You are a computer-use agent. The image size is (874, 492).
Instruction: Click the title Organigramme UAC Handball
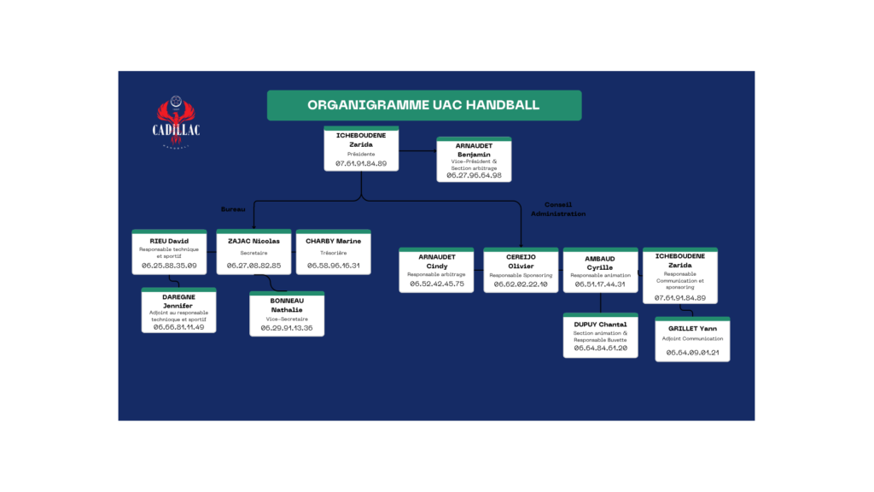423,105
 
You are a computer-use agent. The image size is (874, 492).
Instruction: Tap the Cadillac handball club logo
177,124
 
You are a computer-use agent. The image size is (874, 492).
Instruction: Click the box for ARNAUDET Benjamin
474,160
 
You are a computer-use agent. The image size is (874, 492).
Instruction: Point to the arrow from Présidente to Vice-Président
418,151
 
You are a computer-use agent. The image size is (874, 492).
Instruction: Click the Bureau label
233,208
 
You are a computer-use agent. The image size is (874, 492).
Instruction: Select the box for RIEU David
169,252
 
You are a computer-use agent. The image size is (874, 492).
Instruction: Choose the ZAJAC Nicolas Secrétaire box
253,252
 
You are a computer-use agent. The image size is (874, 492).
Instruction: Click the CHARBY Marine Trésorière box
333,252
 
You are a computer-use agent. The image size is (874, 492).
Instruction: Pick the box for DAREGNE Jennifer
178,311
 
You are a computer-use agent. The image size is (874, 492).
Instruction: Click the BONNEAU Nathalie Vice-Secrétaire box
287,313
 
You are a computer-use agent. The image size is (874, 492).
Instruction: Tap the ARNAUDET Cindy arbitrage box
436,270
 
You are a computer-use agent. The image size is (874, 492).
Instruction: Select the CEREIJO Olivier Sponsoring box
521,270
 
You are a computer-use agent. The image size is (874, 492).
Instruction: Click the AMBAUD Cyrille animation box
600,270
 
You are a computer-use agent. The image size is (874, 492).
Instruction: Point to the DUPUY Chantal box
600,335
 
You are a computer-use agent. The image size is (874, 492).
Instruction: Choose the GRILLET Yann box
692,339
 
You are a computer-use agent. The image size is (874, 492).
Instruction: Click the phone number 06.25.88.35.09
169,266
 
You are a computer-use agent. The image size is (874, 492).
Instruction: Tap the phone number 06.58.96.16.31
333,266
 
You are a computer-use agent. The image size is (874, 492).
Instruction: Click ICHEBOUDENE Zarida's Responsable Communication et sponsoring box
680,275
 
